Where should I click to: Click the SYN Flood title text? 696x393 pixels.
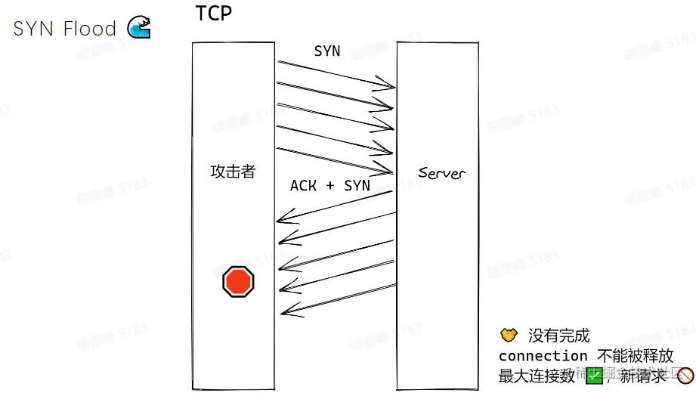(65, 29)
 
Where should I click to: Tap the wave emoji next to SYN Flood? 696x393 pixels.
(138, 28)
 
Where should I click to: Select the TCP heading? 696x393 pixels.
(214, 13)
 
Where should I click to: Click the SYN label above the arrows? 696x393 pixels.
(327, 51)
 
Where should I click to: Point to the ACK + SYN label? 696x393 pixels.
(330, 185)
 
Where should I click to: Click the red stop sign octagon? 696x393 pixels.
(238, 282)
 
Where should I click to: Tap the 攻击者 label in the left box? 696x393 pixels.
(233, 172)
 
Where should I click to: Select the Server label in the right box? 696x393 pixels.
(442, 173)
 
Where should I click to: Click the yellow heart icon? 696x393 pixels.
(509, 335)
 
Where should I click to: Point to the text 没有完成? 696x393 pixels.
(558, 336)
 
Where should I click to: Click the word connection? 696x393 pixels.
(543, 355)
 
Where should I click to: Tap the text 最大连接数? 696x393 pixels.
(537, 375)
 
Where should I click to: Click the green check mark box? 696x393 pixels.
(593, 375)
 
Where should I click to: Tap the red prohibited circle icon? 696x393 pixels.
(685, 375)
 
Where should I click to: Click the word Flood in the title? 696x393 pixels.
(89, 29)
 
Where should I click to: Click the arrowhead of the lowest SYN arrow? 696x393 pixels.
(390, 171)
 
